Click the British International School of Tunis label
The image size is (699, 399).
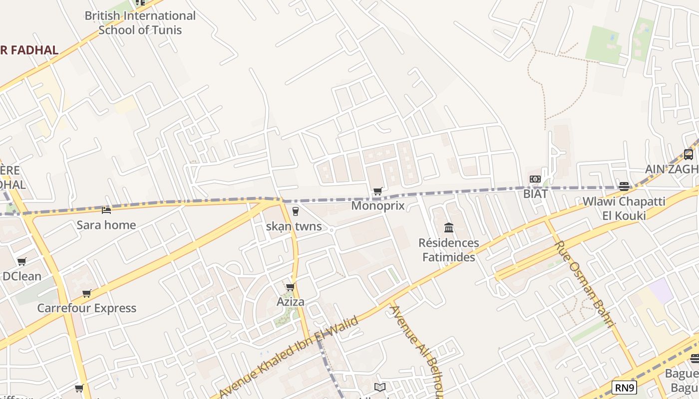coord(140,23)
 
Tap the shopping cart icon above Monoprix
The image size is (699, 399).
coord(378,192)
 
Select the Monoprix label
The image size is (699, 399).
coord(378,205)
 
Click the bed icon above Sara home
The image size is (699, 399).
coord(106,210)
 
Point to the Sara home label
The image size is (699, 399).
coord(106,225)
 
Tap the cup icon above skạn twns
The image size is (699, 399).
coord(295,211)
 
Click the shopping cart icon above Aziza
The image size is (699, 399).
coord(290,287)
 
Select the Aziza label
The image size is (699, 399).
coord(290,302)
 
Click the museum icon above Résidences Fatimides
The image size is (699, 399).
coord(448,228)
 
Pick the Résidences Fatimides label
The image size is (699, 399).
coord(448,250)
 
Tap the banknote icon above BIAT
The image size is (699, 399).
coord(535,179)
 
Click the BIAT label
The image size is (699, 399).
coord(535,194)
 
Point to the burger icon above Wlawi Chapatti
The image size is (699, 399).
coord(624,187)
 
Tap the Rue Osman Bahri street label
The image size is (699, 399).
coord(584,283)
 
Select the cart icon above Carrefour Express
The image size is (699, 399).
coord(87,294)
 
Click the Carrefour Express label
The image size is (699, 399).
coord(87,308)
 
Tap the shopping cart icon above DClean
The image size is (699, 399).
coord(21,261)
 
